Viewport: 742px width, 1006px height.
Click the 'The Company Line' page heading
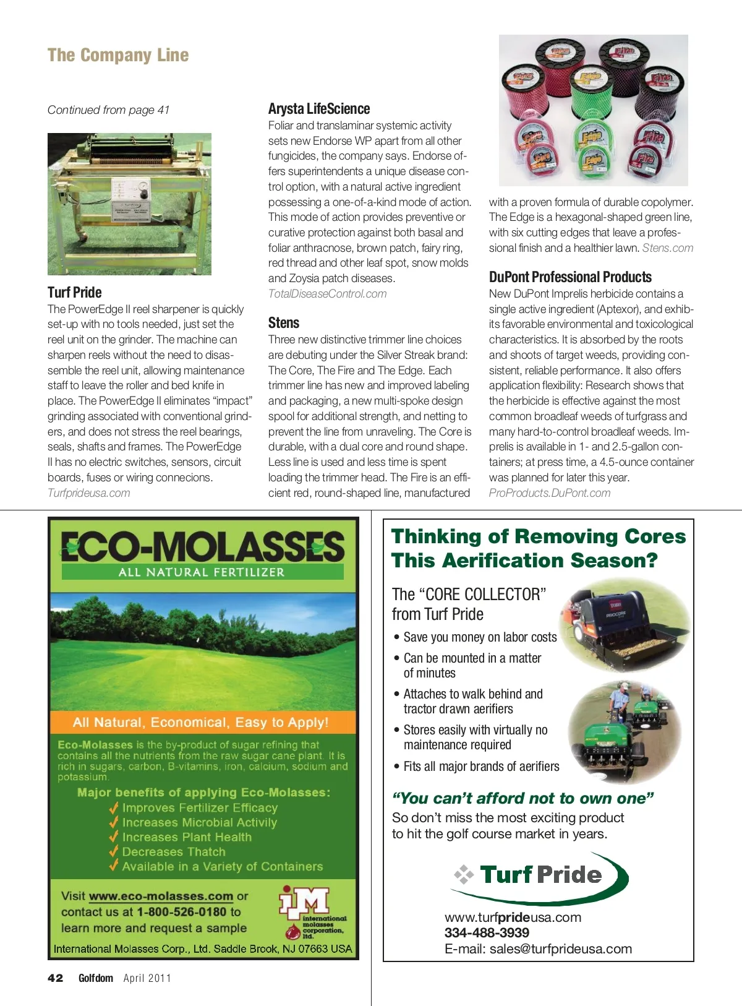click(118, 55)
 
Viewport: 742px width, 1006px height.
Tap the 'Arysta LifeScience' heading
click(319, 109)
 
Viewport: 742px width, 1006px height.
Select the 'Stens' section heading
click(284, 323)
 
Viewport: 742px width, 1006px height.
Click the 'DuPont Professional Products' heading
click(570, 277)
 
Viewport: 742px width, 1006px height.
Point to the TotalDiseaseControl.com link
click(327, 294)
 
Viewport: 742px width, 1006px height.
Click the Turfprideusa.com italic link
click(89, 493)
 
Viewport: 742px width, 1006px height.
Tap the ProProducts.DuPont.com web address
click(550, 493)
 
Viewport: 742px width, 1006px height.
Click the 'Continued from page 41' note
click(108, 110)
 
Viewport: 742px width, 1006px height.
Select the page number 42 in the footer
click(56, 978)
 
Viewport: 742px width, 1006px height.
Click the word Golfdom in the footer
click(96, 978)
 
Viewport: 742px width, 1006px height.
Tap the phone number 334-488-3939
click(487, 933)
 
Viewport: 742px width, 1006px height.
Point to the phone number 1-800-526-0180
click(182, 912)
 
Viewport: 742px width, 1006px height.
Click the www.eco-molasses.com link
click(161, 896)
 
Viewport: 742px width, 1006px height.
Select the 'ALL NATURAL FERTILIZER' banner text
click(202, 572)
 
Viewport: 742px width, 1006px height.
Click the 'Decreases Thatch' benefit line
click(174, 852)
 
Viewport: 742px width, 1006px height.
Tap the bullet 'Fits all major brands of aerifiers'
click(481, 767)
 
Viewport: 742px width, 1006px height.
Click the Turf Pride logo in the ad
click(539, 874)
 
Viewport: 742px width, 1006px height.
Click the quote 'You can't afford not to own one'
click(523, 799)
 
